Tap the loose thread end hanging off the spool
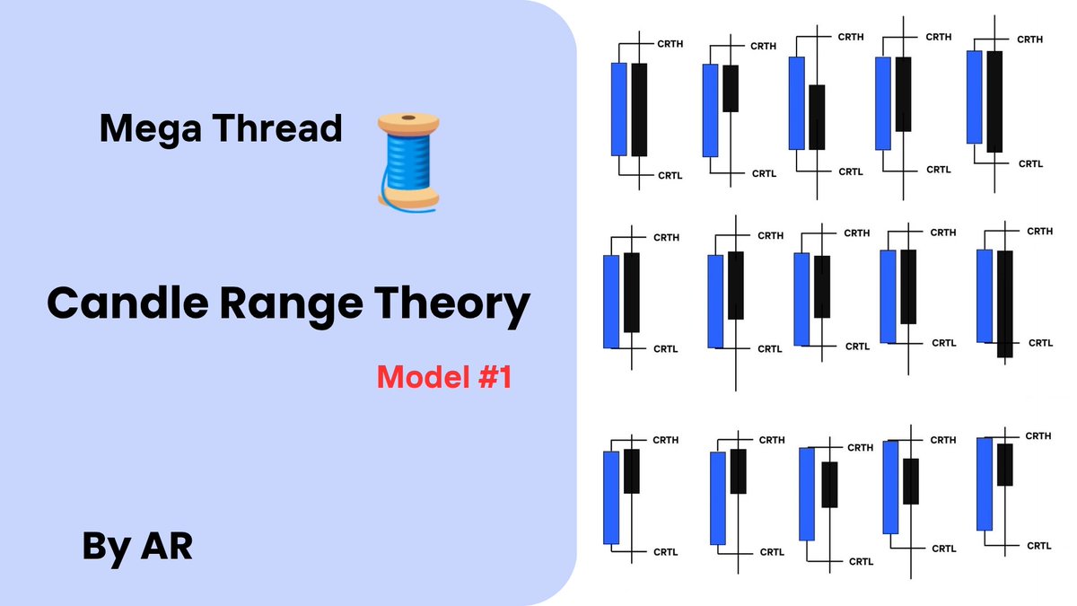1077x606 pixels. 387,195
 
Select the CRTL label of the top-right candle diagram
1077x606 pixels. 1029,163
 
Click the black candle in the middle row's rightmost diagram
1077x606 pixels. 1004,303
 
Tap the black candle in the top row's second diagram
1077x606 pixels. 731,88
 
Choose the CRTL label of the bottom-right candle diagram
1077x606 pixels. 1038,545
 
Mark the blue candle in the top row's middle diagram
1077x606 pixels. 796,102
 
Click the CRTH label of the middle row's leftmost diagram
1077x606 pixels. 666,237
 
